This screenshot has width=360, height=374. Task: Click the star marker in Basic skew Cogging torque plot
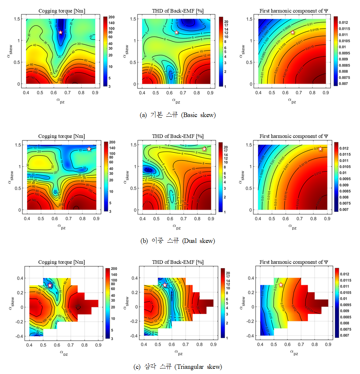[x=60, y=32]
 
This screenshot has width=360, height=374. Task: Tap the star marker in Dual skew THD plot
[x=204, y=149]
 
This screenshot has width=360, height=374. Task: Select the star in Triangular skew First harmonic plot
[x=281, y=285]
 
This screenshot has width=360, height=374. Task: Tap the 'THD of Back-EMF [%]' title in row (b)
[x=178, y=136]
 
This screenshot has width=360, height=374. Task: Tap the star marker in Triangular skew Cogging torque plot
[x=50, y=285]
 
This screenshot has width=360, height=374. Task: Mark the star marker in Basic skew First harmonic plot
[x=292, y=32]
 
